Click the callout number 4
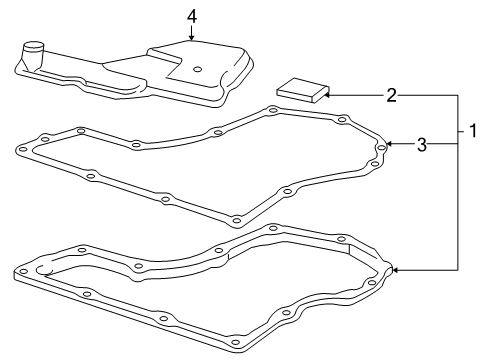pos(192,15)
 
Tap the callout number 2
pos(392,96)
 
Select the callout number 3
pos(422,145)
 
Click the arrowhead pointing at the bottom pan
pos(394,269)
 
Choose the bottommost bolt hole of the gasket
pos(235,220)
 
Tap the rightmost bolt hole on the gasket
pos(379,151)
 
